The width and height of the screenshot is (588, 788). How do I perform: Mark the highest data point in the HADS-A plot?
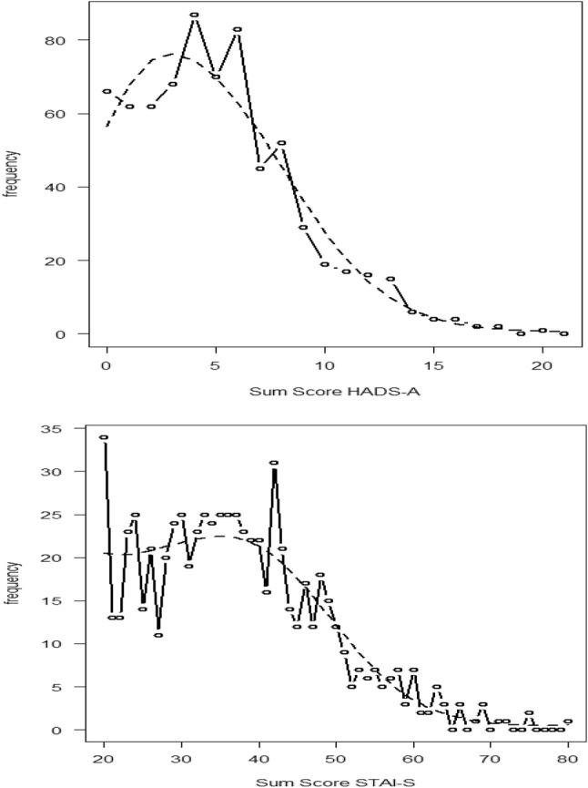click(194, 15)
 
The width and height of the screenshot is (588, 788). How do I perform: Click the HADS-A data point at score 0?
click(106, 91)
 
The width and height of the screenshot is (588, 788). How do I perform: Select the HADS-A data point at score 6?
click(238, 29)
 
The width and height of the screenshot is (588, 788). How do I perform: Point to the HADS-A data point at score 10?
click(325, 264)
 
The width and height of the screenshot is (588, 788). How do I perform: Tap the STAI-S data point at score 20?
click(104, 437)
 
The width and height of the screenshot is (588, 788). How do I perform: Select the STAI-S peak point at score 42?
click(274, 463)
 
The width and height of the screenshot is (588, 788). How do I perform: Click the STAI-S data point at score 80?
click(568, 721)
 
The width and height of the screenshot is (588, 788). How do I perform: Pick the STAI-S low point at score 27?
click(158, 635)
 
